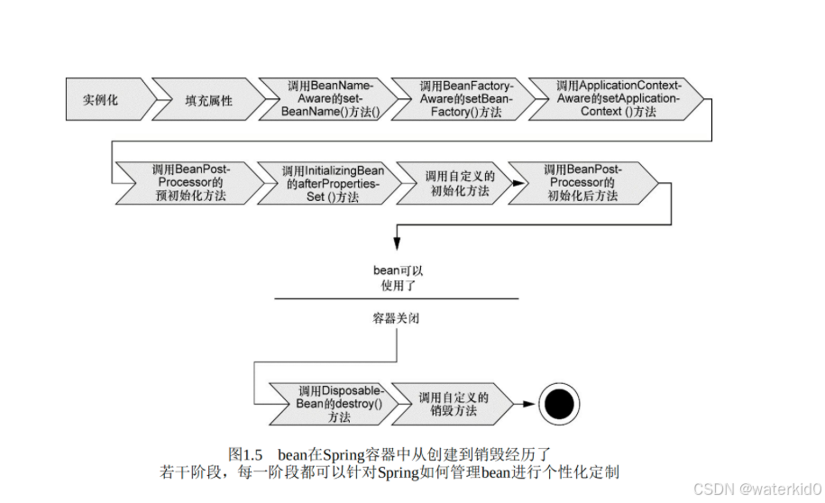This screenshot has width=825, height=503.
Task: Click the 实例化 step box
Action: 101,99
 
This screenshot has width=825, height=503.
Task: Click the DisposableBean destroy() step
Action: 338,404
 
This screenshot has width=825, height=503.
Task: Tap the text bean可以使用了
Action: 397,278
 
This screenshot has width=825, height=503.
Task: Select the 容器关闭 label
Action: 397,318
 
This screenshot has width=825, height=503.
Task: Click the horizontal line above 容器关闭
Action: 397,298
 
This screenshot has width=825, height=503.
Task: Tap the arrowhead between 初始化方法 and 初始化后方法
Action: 515,183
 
